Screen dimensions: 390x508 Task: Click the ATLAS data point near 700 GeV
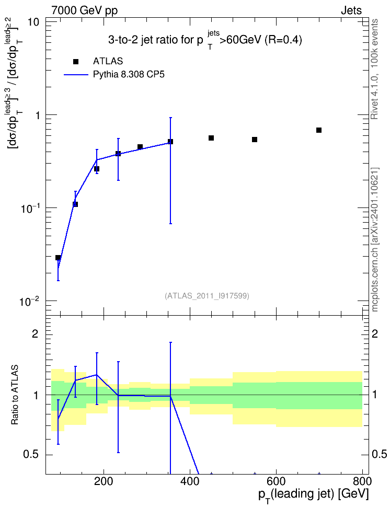click(x=319, y=130)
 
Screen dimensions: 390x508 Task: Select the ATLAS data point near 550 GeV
click(x=255, y=140)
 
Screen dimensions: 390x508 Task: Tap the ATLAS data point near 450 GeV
click(x=211, y=138)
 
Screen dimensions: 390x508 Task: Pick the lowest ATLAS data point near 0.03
click(x=58, y=258)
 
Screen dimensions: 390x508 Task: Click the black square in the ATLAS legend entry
click(x=76, y=62)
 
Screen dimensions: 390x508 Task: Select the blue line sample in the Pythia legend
click(x=76, y=75)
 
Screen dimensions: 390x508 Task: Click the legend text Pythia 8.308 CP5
click(x=129, y=75)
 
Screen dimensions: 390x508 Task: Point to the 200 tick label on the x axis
click(x=104, y=481)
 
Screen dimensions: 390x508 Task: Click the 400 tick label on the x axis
click(x=190, y=481)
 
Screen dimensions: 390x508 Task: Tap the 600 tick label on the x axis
click(x=276, y=481)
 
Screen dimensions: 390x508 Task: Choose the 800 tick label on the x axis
click(x=362, y=481)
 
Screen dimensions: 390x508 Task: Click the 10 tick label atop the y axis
click(x=32, y=22)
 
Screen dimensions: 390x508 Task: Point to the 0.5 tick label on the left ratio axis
click(x=31, y=455)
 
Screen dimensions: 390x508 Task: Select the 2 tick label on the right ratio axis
click(x=375, y=333)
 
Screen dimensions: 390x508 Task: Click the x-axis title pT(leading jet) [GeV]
click(x=314, y=495)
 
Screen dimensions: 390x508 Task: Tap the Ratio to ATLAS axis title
click(x=15, y=395)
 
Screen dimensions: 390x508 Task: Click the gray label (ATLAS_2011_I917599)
click(x=207, y=296)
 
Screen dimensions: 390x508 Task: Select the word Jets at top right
click(x=351, y=10)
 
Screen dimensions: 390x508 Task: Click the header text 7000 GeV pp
click(x=84, y=10)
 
